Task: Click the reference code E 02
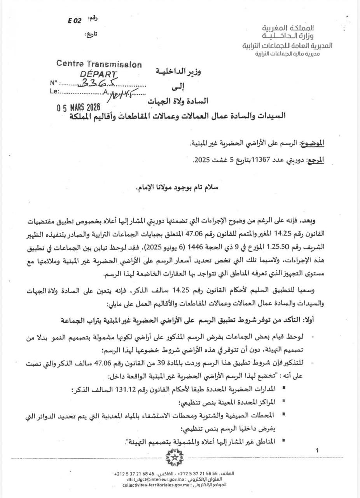pos(74,21)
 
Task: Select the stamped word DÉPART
pos(98,74)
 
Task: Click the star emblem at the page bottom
pos(174,457)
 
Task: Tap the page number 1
pos(318,451)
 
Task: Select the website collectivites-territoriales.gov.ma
pos(156,485)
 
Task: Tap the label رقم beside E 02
pos(93,19)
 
